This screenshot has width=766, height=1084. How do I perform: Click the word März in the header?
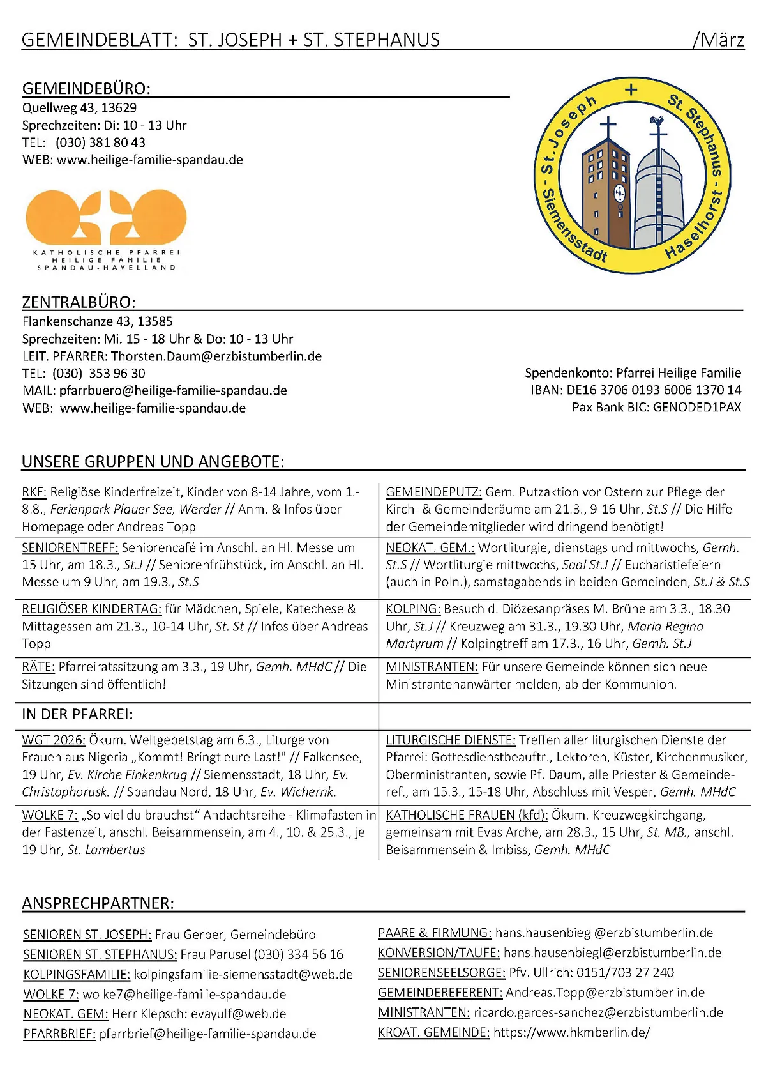[723, 40]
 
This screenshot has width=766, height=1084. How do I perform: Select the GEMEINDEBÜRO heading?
[86, 88]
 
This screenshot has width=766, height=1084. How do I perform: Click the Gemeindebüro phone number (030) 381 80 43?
[100, 142]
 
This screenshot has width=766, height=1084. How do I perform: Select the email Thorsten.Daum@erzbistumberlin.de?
[216, 356]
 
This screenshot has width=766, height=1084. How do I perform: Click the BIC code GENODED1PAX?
[697, 407]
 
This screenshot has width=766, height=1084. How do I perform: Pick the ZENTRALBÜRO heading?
[79, 302]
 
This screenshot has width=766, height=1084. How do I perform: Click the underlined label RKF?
[34, 492]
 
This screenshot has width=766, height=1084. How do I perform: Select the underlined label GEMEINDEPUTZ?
[433, 492]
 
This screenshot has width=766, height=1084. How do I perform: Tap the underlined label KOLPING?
[413, 609]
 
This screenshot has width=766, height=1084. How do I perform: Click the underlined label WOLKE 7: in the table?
[50, 815]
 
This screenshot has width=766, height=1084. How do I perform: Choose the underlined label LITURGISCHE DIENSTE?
[450, 740]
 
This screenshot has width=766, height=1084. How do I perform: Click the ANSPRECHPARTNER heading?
[98, 903]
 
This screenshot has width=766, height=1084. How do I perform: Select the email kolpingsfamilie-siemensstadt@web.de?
[243, 974]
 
